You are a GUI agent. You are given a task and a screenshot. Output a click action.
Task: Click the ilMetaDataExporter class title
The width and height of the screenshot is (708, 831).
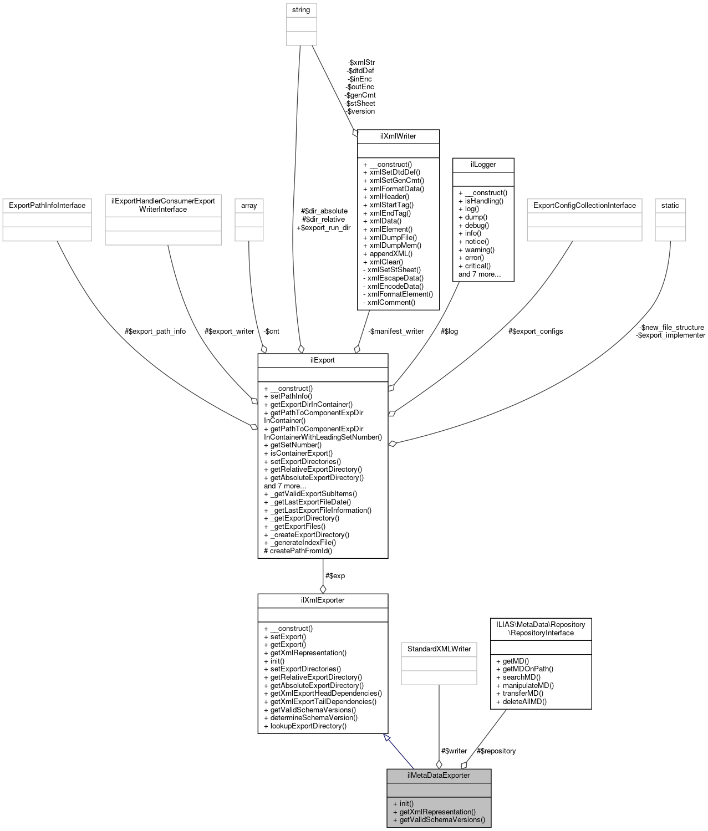point(439,775)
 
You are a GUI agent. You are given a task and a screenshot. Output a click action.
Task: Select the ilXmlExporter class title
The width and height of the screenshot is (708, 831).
point(322,600)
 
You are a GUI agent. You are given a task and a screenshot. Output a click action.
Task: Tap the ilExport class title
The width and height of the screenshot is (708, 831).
point(322,360)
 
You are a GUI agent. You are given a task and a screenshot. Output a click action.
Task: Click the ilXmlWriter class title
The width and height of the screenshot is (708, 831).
point(398,136)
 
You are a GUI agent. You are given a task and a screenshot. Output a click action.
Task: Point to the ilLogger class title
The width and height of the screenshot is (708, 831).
point(483,164)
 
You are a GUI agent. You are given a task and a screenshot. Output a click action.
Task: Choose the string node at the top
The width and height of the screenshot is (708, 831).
point(301,10)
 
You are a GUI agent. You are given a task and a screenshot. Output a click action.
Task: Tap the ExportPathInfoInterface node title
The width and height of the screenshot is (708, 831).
point(47,205)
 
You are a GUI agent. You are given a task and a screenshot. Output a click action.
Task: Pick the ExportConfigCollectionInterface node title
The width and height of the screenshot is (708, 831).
point(584,205)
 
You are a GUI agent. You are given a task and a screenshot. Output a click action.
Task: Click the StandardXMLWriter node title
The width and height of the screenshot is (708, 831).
point(439,649)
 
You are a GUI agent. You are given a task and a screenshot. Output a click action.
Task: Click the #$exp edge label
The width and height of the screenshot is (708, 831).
point(335,575)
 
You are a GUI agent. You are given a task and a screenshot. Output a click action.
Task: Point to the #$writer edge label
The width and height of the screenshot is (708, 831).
point(454,751)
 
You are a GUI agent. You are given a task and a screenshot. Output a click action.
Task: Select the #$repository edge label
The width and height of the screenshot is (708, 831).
point(496,751)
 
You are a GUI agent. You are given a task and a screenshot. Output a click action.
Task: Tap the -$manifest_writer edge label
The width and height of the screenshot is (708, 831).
point(396,331)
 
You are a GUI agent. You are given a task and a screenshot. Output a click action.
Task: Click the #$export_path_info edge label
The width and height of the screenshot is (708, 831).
point(155,331)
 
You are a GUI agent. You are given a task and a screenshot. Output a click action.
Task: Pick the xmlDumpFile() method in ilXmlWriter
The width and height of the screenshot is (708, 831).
point(393,237)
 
